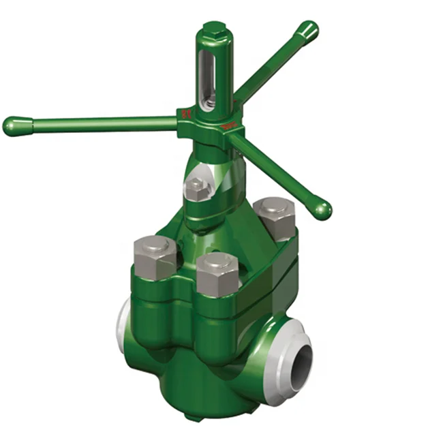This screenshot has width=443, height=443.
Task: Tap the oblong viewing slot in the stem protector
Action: click(209, 75)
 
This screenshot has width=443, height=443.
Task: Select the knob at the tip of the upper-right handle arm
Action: click(307, 31)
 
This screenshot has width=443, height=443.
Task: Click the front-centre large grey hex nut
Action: click(217, 273)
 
